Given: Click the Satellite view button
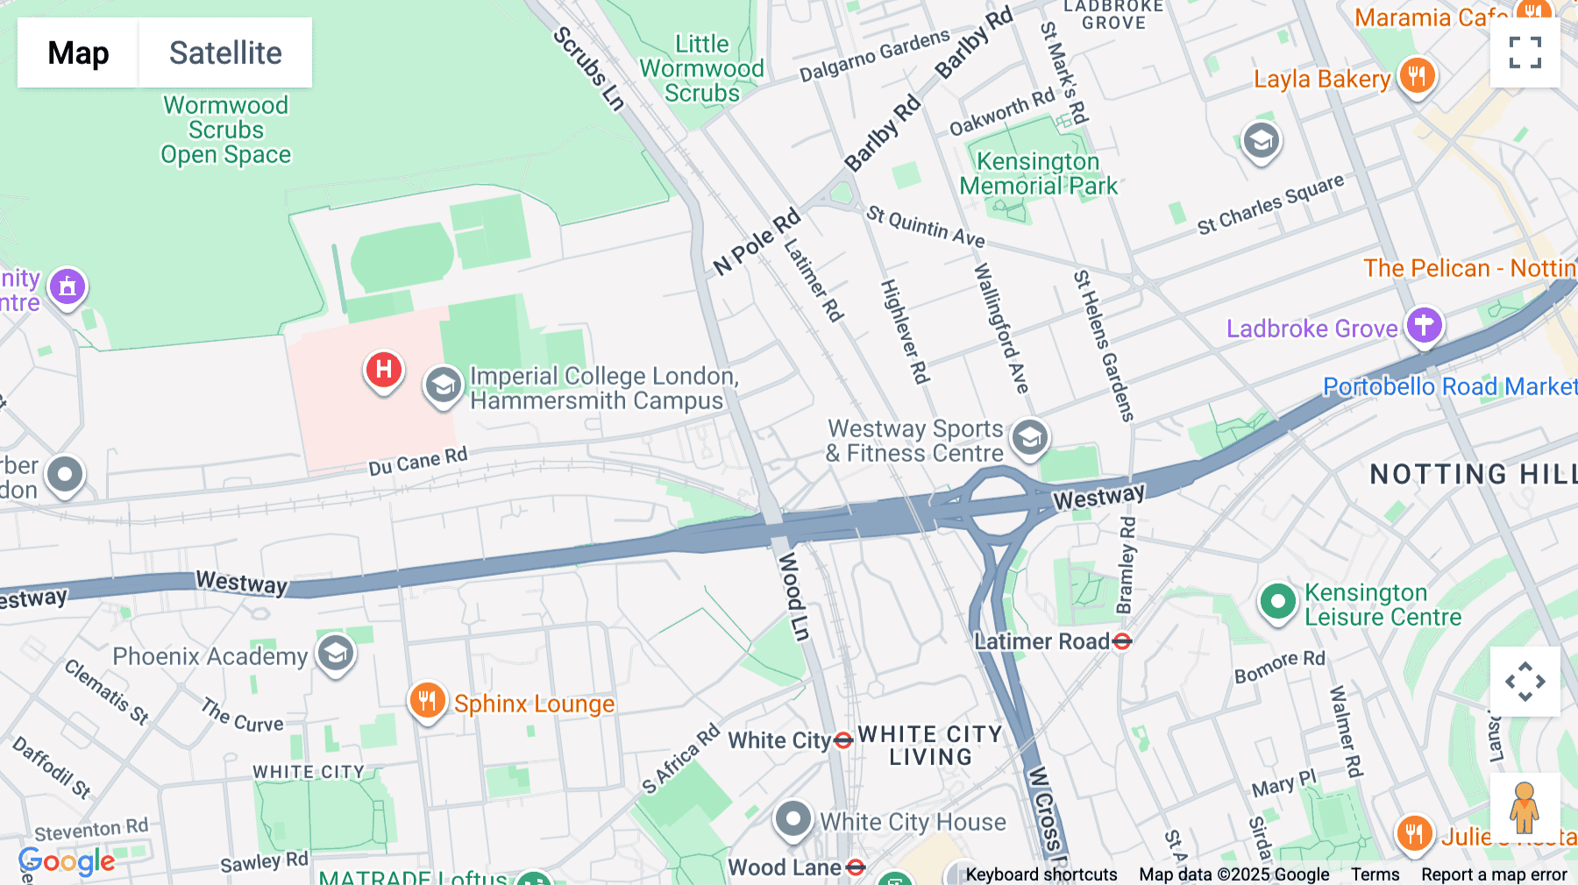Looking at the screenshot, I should pos(225,53).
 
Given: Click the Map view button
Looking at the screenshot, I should pos(78,53).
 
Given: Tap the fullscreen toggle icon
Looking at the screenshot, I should pos(1525,53).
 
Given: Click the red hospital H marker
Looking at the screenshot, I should pos(383,370).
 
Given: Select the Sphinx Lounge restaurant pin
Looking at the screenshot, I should pos(427,701).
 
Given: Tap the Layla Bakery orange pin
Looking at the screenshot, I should pos(1417,76).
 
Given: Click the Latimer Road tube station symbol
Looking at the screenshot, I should pos(1122,642).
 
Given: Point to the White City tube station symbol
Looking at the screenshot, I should pos(843,741).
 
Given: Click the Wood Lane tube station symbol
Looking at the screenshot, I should pos(857,867).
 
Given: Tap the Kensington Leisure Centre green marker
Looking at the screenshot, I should pos(1277,602).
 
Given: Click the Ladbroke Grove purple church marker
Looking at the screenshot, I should pos(1424,325).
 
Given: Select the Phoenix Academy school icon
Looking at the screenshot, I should pos(335,654).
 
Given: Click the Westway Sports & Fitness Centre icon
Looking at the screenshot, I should pos(1029,436).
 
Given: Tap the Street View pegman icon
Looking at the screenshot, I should pos(1525,807).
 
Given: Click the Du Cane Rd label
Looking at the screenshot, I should pos(418,461).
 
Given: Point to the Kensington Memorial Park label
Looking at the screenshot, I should pos(1038,173).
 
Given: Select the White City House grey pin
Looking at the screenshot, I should pos(793,819).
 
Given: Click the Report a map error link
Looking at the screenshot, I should pos(1494,874).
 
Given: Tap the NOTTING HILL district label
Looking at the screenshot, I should pos(1473,474).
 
